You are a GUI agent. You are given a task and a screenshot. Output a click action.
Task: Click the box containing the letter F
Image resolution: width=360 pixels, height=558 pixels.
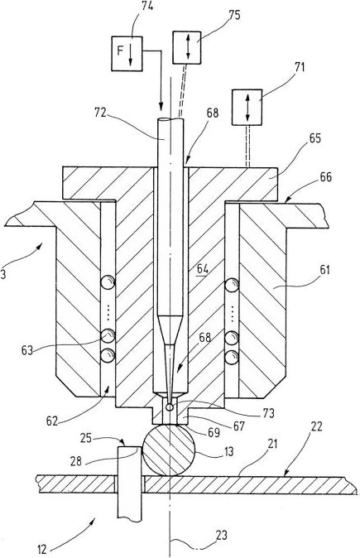point(127,54)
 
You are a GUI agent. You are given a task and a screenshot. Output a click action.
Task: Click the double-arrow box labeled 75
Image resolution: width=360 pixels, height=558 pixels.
point(187,47)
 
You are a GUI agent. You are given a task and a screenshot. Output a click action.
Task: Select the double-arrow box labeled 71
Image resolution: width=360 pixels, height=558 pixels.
point(247,107)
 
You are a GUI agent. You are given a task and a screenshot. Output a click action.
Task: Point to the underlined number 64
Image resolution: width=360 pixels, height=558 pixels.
point(203,269)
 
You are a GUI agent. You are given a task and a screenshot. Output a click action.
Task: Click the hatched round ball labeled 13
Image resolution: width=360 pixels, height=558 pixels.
point(169,450)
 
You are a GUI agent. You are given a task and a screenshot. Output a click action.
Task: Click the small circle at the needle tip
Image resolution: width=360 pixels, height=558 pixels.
point(170,406)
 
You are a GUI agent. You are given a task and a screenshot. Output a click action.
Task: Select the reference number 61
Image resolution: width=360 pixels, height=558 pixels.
point(324,271)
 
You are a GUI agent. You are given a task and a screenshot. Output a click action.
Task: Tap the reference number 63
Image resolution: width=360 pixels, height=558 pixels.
point(27,350)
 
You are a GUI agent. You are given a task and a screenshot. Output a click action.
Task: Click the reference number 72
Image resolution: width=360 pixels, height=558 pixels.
point(101,113)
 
